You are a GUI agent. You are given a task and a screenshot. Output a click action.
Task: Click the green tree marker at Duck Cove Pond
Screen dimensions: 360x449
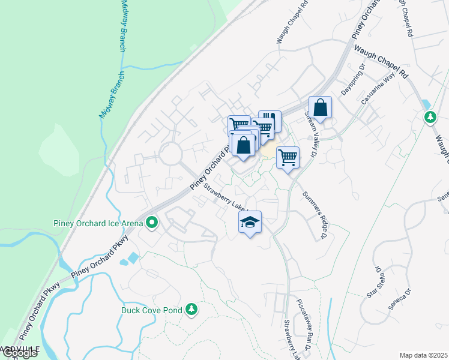coord(191,309)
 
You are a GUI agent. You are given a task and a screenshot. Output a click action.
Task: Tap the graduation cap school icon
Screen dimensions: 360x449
coord(251,223)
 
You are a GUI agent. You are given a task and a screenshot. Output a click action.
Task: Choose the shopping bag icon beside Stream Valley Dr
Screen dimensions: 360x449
coord(321,108)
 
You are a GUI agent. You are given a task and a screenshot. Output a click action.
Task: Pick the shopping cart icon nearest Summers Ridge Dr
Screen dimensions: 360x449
coord(288,157)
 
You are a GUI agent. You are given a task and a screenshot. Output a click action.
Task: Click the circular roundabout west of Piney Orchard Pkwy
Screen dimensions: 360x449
coord(170,154)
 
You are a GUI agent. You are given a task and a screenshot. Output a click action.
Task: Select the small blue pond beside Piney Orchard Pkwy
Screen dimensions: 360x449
coord(130,259)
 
